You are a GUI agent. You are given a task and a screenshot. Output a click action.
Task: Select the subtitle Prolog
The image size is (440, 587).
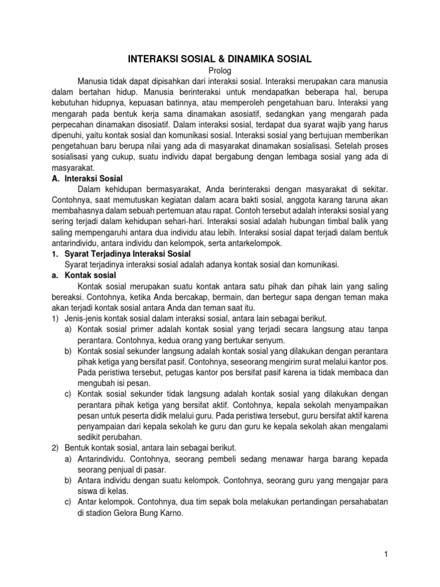(x=220, y=69)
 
